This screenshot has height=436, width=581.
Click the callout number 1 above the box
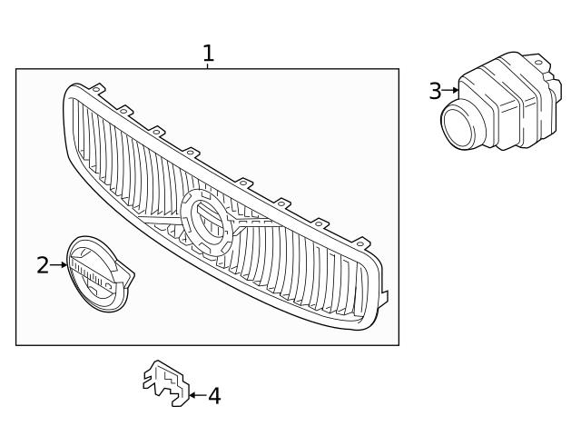click(x=208, y=54)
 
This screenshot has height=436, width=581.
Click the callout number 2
click(x=42, y=265)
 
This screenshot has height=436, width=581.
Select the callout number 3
click(x=435, y=91)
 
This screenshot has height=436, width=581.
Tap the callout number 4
click(x=214, y=396)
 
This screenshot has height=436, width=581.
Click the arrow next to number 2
click(x=61, y=265)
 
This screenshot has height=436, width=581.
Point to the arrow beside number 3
click(x=450, y=91)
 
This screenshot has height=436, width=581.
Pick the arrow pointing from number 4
click(x=197, y=396)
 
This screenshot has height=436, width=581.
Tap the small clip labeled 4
click(x=165, y=382)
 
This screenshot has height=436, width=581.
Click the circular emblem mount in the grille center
click(x=208, y=220)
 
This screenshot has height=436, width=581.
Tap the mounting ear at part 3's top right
click(x=543, y=65)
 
